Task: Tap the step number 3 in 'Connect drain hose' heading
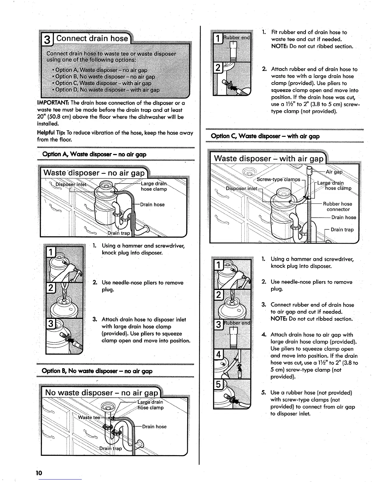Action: (47, 40)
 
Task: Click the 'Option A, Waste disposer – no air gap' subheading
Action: (95, 154)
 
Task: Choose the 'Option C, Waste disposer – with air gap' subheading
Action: (265, 136)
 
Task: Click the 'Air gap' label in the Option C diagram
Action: (334, 172)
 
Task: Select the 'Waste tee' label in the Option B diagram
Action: (89, 417)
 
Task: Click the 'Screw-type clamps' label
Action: (278, 179)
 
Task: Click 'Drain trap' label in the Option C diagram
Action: (342, 230)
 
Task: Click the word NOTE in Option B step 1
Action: (279, 46)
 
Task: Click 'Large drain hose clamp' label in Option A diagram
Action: (154, 186)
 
